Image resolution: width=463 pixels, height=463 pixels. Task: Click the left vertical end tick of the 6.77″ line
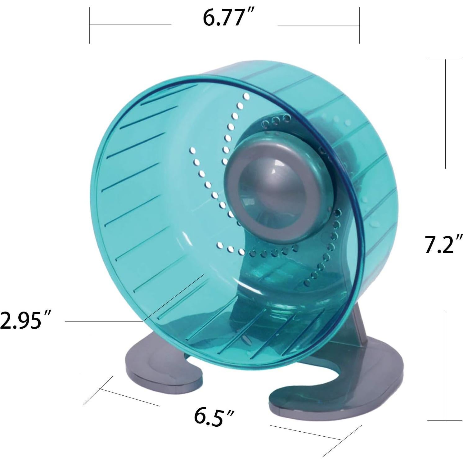tap(90, 25)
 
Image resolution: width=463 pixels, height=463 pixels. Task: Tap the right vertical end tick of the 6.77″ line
tap(359, 25)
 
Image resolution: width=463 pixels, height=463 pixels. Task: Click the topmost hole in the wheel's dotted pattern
tap(247, 97)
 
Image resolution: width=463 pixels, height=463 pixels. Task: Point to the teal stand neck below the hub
tap(254, 273)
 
